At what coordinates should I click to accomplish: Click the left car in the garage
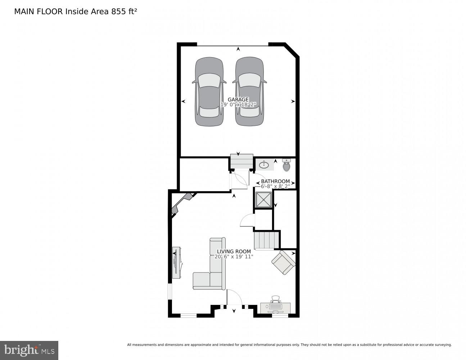pos(209,92)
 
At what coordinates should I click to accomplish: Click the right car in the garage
pos(249,92)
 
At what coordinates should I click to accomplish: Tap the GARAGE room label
pos(238,99)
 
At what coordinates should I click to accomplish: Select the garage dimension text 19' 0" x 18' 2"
pos(238,105)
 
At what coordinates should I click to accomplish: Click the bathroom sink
pos(264,165)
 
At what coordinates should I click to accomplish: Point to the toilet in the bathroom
pos(286,166)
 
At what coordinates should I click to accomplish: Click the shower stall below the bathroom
pos(264,200)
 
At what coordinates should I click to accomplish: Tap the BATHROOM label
pos(275,181)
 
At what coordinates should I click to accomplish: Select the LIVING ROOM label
pos(234,251)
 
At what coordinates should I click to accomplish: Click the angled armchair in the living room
pos(284,262)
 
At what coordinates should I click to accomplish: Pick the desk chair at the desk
pos(275,299)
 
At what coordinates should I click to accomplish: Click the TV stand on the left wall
pos(176,263)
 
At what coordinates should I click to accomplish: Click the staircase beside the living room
pos(267,240)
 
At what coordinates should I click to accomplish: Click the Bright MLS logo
pos(29,350)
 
